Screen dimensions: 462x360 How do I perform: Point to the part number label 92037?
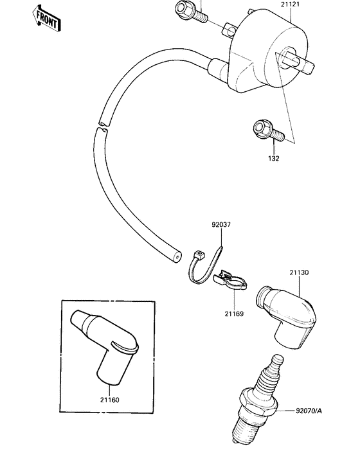221,226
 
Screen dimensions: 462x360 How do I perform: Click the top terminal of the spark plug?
278,363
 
